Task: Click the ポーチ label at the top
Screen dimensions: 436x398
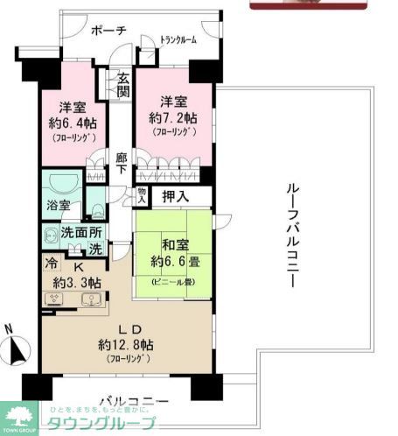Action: [x=109, y=31]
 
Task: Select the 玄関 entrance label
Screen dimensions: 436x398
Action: [x=124, y=84]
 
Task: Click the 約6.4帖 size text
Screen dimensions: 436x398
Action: [x=70, y=124]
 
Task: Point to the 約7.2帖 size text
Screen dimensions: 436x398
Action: [x=172, y=116]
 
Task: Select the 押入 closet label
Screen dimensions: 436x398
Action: [x=177, y=198]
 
